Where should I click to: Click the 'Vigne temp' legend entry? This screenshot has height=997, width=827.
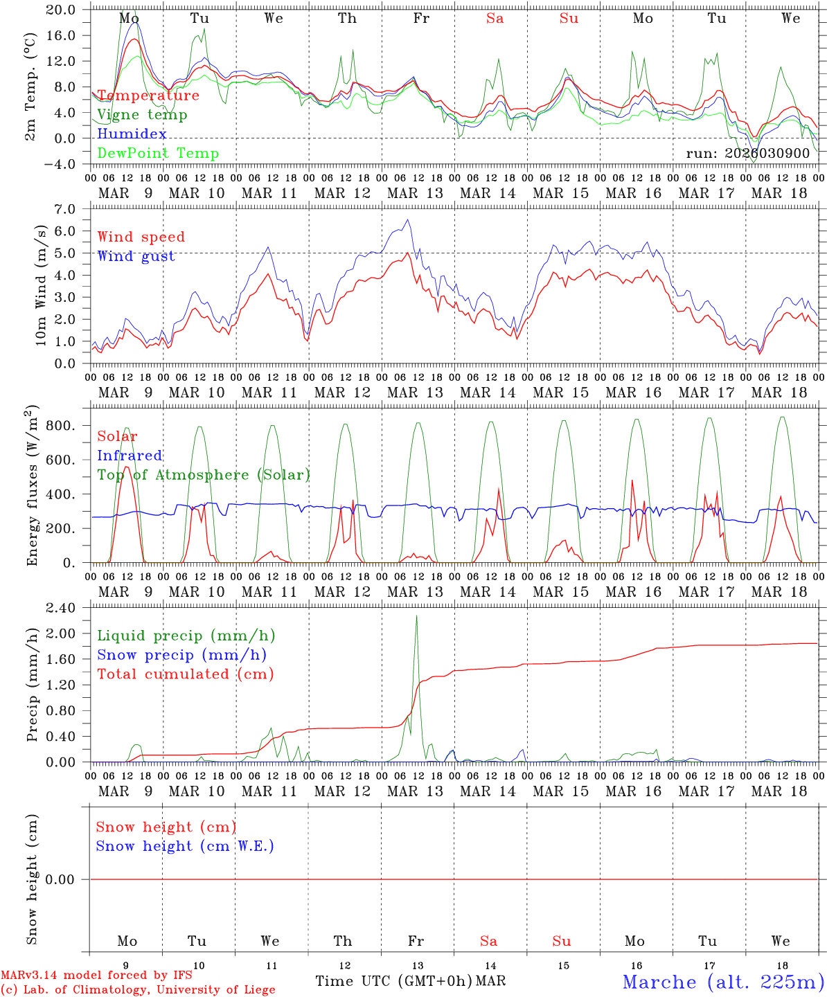(142, 114)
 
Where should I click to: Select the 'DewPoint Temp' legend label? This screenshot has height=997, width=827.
(158, 153)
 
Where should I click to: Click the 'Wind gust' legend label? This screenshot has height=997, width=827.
(136, 256)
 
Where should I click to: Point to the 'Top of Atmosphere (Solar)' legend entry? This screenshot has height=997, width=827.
(204, 475)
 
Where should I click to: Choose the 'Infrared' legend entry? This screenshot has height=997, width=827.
(130, 456)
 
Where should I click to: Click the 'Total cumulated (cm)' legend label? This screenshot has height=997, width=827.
(185, 674)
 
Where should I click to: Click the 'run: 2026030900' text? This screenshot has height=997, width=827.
(747, 153)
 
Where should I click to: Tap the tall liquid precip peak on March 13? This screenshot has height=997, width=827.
(416, 616)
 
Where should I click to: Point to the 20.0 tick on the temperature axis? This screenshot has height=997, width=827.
(62, 10)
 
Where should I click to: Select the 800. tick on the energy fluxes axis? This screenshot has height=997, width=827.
(60, 426)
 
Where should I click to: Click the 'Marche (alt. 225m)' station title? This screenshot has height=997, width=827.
(723, 982)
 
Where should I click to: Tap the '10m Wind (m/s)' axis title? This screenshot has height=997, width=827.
(41, 285)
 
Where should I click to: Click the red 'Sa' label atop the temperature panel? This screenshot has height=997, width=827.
(495, 19)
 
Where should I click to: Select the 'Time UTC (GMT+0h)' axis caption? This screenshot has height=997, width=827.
(394, 981)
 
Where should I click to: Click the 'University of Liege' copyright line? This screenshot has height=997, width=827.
(139, 990)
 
